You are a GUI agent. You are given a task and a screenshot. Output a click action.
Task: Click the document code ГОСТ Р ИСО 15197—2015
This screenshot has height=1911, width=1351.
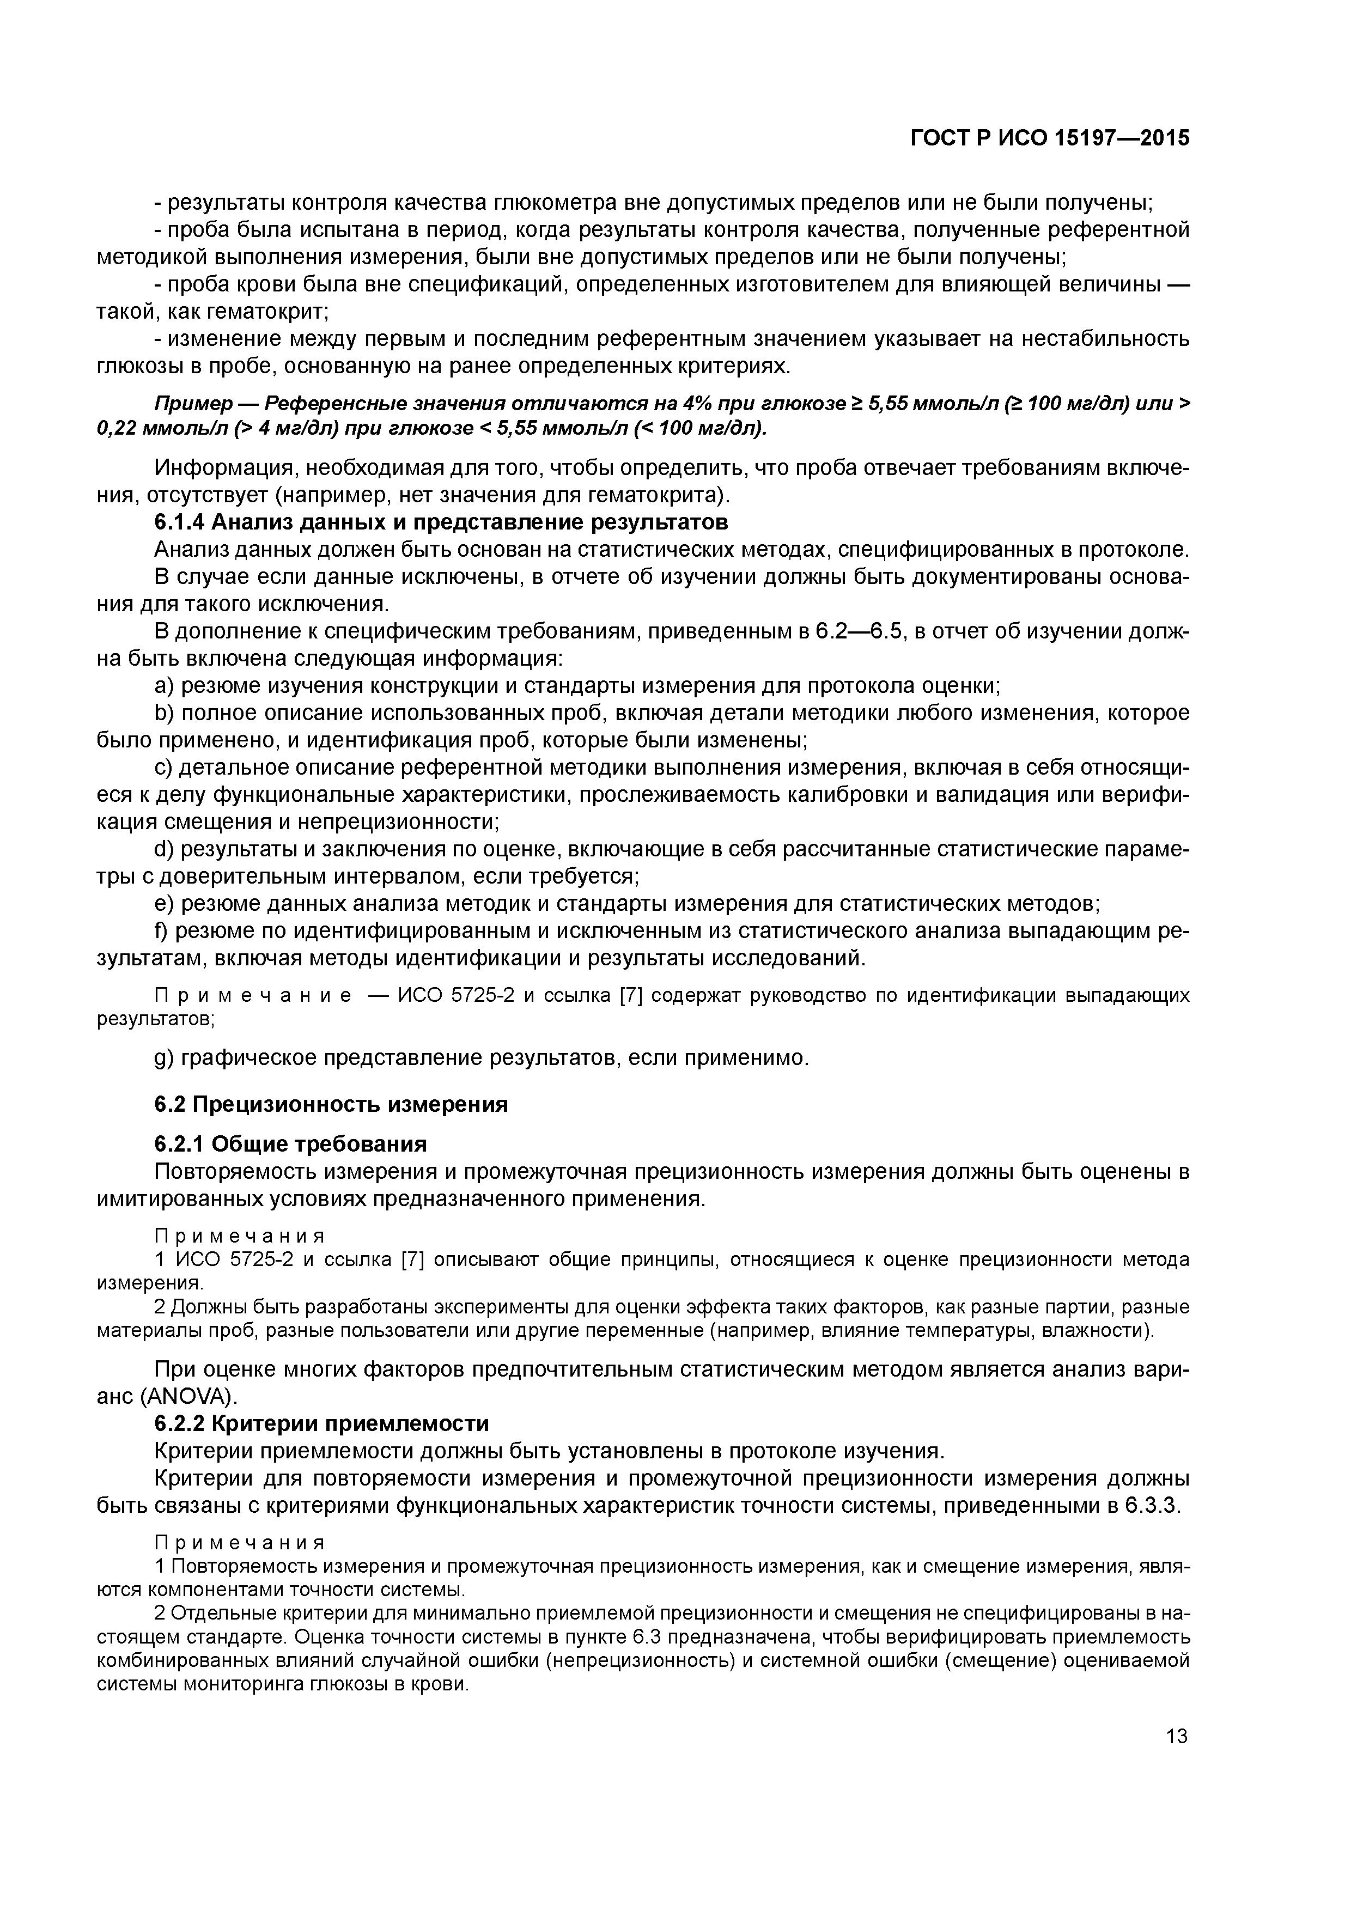(1050, 137)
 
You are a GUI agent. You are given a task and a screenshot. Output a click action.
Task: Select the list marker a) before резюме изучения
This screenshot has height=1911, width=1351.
(165, 686)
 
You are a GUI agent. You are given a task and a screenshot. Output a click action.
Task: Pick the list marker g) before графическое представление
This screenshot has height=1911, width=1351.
(165, 1058)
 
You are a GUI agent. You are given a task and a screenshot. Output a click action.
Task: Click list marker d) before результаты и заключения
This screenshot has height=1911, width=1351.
(165, 850)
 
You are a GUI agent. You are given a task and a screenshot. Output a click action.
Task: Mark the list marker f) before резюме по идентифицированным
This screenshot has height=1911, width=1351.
(162, 932)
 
